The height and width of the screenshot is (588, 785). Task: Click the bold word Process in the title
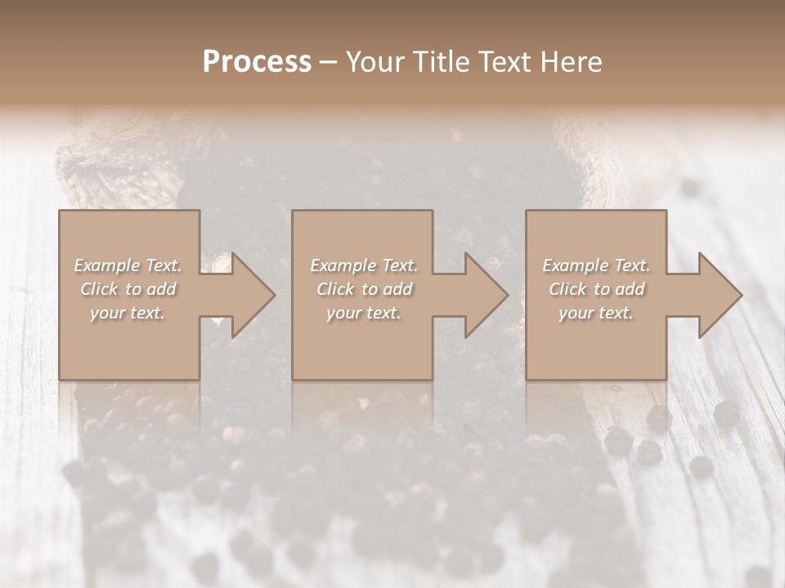click(257, 62)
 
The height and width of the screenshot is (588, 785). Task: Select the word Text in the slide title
click(504, 62)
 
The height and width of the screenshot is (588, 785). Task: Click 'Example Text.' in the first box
click(128, 265)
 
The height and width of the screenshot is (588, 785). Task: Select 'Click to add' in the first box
click(128, 289)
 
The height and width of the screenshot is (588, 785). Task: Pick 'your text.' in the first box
click(128, 313)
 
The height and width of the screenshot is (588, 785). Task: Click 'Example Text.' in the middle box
click(364, 265)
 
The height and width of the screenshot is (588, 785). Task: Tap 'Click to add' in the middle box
click(364, 289)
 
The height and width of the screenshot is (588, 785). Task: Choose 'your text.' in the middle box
click(363, 313)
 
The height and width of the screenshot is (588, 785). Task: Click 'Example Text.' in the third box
click(596, 265)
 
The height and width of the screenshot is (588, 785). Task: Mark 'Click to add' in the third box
click(596, 289)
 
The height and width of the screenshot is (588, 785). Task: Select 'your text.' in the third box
click(595, 313)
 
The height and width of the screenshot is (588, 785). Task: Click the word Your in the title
click(373, 62)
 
